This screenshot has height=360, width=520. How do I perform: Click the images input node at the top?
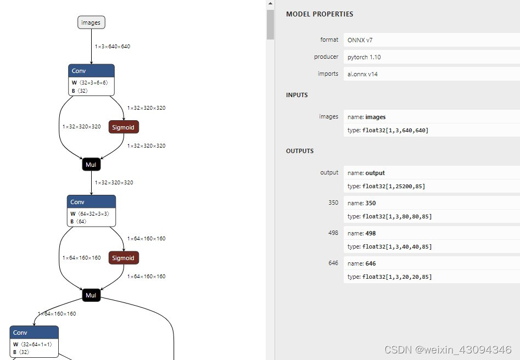click(91, 22)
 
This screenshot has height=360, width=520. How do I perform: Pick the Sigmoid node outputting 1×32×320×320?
click(123, 127)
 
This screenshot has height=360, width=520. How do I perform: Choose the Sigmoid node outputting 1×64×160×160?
click(123, 258)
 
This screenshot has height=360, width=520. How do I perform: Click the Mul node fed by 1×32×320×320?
click(91, 164)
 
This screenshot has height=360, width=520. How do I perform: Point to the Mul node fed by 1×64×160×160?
click(91, 295)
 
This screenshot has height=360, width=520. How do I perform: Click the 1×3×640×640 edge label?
click(113, 47)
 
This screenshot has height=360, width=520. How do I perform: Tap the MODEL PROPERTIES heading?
click(320, 14)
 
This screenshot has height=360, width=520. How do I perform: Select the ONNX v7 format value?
click(360, 40)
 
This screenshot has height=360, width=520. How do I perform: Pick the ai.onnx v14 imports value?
click(362, 74)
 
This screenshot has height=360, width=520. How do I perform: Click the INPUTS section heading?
click(297, 95)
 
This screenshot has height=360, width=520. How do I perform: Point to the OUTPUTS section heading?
click(300, 151)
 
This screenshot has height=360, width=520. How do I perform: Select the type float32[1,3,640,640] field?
click(388, 131)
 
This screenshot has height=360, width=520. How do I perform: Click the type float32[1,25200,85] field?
click(386, 187)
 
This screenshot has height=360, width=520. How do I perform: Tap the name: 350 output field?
click(362, 203)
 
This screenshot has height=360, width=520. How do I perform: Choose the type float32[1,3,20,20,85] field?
click(389, 277)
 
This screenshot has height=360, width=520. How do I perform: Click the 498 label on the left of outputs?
click(333, 233)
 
